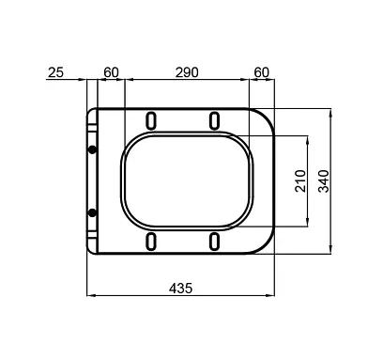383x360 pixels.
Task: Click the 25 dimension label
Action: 55,72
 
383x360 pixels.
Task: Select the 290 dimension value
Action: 187,72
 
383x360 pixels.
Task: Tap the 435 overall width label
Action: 180,289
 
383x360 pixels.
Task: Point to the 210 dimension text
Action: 300,180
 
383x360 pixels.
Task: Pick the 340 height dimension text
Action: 324,180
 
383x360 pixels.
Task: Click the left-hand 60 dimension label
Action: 111,72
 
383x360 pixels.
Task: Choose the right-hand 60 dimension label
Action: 261,72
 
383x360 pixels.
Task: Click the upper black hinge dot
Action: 92,149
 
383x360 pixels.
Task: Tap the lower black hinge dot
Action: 92,213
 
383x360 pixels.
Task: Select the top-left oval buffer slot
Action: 151,120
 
